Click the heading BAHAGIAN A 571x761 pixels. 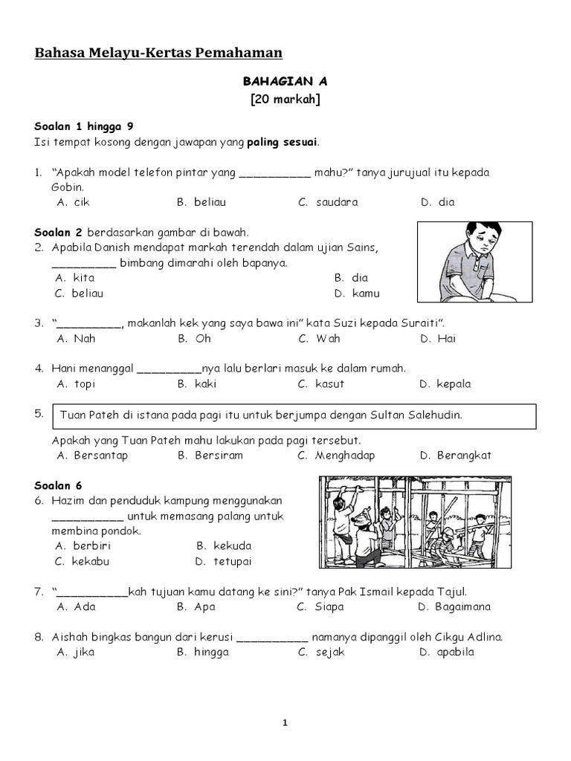point(285,82)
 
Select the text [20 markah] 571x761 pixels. point(285,100)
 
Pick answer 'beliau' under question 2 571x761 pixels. point(88,293)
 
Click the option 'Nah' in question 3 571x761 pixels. point(85,339)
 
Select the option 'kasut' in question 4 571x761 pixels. point(330,384)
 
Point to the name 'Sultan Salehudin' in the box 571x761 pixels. point(419,415)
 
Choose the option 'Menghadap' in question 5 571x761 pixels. point(345,456)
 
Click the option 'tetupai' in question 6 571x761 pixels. point(233,561)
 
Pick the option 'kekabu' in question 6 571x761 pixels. point(91,561)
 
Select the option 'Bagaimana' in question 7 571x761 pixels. point(463,606)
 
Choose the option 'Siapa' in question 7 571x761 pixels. point(329,606)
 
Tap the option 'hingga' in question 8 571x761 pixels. point(211,652)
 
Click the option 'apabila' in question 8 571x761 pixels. point(456,652)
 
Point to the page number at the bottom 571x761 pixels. point(285,723)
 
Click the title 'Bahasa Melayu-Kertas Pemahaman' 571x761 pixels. point(158,52)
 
